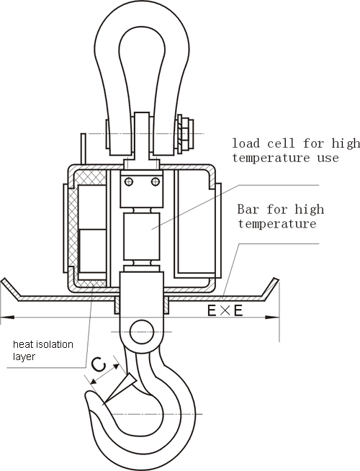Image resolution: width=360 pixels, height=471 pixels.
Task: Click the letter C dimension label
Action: (x=99, y=364)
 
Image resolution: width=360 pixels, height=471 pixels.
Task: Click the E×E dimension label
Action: (x=225, y=311)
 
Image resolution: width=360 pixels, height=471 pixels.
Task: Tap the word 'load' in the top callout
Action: (x=246, y=143)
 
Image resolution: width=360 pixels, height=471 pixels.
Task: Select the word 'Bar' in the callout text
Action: (x=248, y=209)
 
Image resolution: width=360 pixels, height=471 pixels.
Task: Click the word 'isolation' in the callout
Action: (x=54, y=344)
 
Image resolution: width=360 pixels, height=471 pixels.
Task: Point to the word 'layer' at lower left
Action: (x=24, y=357)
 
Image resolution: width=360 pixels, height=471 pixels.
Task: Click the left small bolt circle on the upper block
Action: (x=129, y=181)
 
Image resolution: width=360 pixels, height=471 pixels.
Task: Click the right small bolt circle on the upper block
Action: (x=156, y=181)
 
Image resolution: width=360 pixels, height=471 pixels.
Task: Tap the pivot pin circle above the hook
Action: (x=142, y=332)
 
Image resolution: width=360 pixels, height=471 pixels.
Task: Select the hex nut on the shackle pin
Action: (x=185, y=134)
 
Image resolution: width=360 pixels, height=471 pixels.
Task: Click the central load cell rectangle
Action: (x=142, y=232)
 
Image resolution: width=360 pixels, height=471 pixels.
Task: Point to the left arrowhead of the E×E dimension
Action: (x=7, y=317)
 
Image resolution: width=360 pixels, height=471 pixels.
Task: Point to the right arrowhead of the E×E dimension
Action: (x=272, y=317)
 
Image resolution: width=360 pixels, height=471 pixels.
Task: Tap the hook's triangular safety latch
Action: (x=120, y=388)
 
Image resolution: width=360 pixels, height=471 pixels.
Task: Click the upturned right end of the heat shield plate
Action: (x=270, y=288)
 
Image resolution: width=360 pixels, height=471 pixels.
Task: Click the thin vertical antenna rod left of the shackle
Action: (x=84, y=148)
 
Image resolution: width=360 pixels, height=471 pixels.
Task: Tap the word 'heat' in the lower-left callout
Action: (x=23, y=344)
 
